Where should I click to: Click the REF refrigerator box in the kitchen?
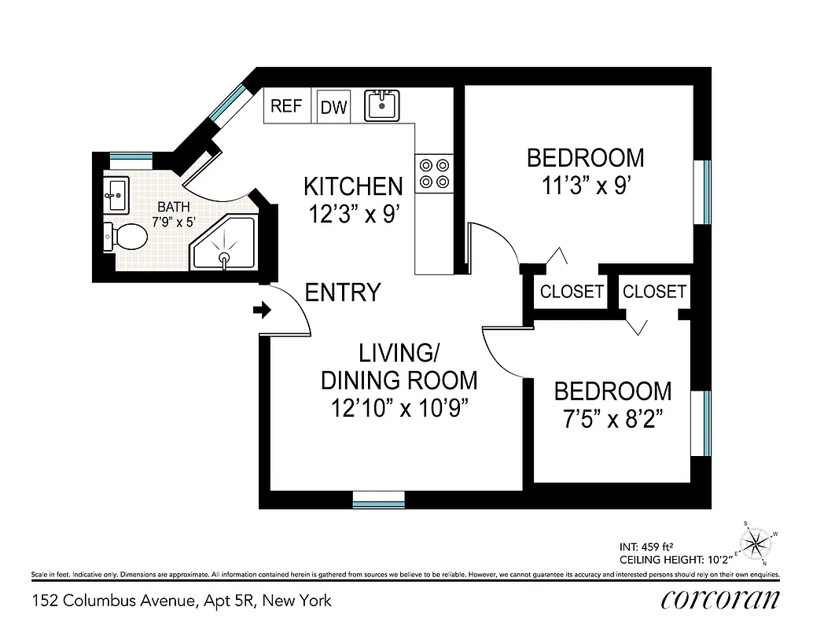pyautogui.click(x=286, y=106)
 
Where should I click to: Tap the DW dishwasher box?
pyautogui.click(x=333, y=108)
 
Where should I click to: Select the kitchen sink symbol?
pyautogui.click(x=383, y=105)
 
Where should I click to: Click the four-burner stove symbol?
pyautogui.click(x=434, y=173)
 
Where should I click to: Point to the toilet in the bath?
pyautogui.click(x=126, y=235)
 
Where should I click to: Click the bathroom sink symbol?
pyautogui.click(x=116, y=195)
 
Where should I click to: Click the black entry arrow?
pyautogui.click(x=261, y=311)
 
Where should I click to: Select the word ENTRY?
pyautogui.click(x=343, y=292)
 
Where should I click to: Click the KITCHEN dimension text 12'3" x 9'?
pyautogui.click(x=354, y=214)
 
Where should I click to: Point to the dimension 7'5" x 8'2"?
pyautogui.click(x=613, y=419)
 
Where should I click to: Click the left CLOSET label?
pyautogui.click(x=572, y=292)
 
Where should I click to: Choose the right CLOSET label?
pyautogui.click(x=654, y=292)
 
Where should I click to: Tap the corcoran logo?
pyautogui.click(x=721, y=599)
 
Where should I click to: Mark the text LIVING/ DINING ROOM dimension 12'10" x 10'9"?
pyautogui.click(x=399, y=409)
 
